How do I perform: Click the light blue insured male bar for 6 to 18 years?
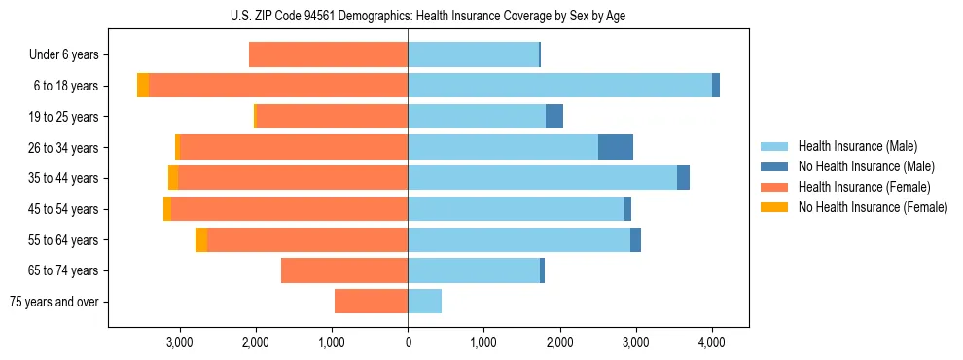[559, 86]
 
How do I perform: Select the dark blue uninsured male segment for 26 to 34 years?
[615, 147]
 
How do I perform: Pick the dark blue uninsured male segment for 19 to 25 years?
[554, 117]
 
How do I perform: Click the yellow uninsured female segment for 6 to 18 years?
[143, 86]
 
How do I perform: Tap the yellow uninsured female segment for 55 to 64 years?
[201, 240]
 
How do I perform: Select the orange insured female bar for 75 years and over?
[371, 302]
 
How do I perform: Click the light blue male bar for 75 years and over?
[424, 302]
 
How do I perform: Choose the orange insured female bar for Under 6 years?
[328, 54]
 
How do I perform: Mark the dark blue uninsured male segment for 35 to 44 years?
[683, 178]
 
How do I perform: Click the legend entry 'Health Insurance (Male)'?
[857, 146]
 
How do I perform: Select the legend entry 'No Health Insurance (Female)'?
[873, 207]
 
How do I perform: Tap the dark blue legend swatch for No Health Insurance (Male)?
[775, 166]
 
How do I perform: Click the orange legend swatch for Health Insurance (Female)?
[775, 187]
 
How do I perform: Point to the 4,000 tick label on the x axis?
[711, 342]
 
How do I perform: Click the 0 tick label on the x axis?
[408, 342]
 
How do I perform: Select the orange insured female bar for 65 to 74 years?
[343, 270]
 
